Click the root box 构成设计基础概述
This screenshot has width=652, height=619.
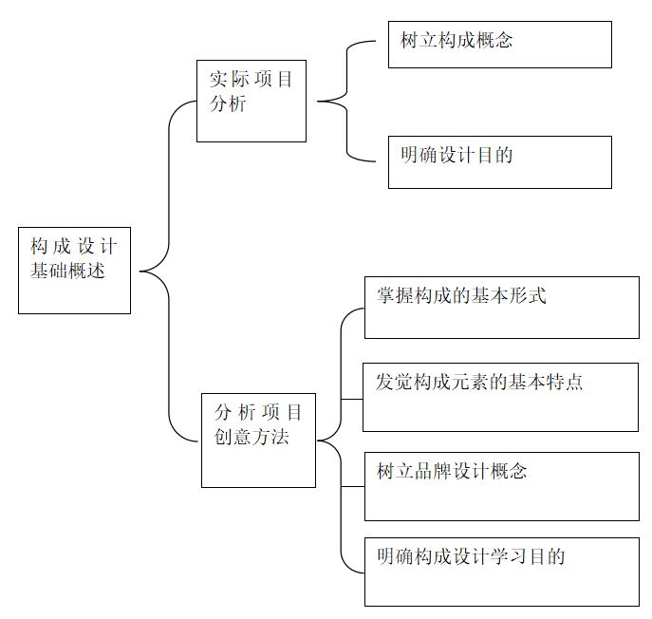coord(74,271)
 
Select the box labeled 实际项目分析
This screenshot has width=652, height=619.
coord(251,101)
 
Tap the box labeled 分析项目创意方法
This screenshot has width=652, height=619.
coord(258,441)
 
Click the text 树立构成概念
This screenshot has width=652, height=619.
coord(456,41)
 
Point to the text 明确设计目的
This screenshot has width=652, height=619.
coord(456,155)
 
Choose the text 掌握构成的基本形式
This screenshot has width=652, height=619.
coord(461,296)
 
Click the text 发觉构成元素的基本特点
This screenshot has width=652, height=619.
coord(479,382)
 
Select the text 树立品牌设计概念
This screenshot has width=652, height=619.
coord(452,471)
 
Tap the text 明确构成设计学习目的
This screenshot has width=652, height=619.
coord(471,556)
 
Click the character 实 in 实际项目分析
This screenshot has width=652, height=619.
coord(218,79)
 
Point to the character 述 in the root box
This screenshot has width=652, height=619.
coord(96,271)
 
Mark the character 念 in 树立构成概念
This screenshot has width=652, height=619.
coord(504,41)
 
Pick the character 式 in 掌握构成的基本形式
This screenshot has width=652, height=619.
coord(537,296)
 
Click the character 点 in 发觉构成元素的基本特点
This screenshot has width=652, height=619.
coord(574,382)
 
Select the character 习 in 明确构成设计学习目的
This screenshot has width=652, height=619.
coord(518,556)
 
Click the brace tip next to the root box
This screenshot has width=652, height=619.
coord(140,272)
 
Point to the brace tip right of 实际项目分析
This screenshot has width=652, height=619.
coord(318,101)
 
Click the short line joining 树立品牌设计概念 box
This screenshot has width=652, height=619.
coord(353,486)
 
